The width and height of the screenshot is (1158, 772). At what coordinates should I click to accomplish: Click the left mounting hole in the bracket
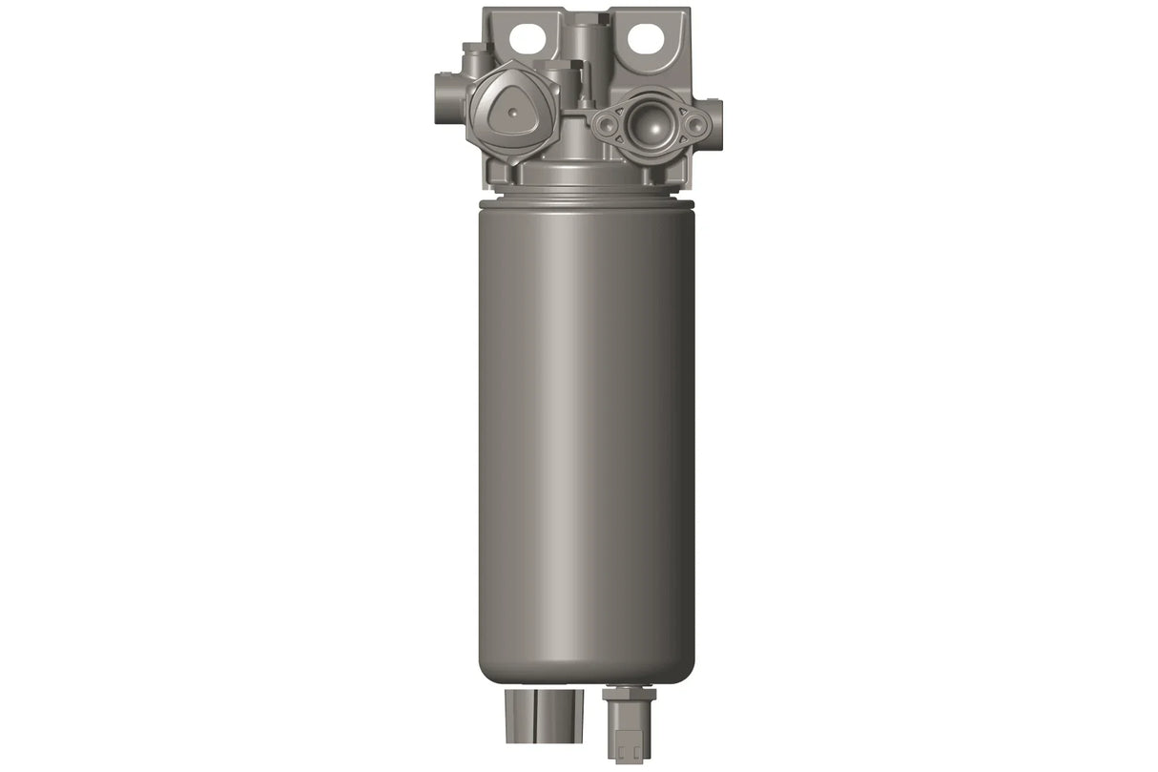tap(524, 37)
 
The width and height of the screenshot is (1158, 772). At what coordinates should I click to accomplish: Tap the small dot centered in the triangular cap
tap(513, 114)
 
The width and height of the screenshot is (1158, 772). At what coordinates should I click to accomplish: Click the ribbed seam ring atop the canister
tap(585, 198)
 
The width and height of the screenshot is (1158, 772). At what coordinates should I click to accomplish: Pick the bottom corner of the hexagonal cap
tap(513, 163)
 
